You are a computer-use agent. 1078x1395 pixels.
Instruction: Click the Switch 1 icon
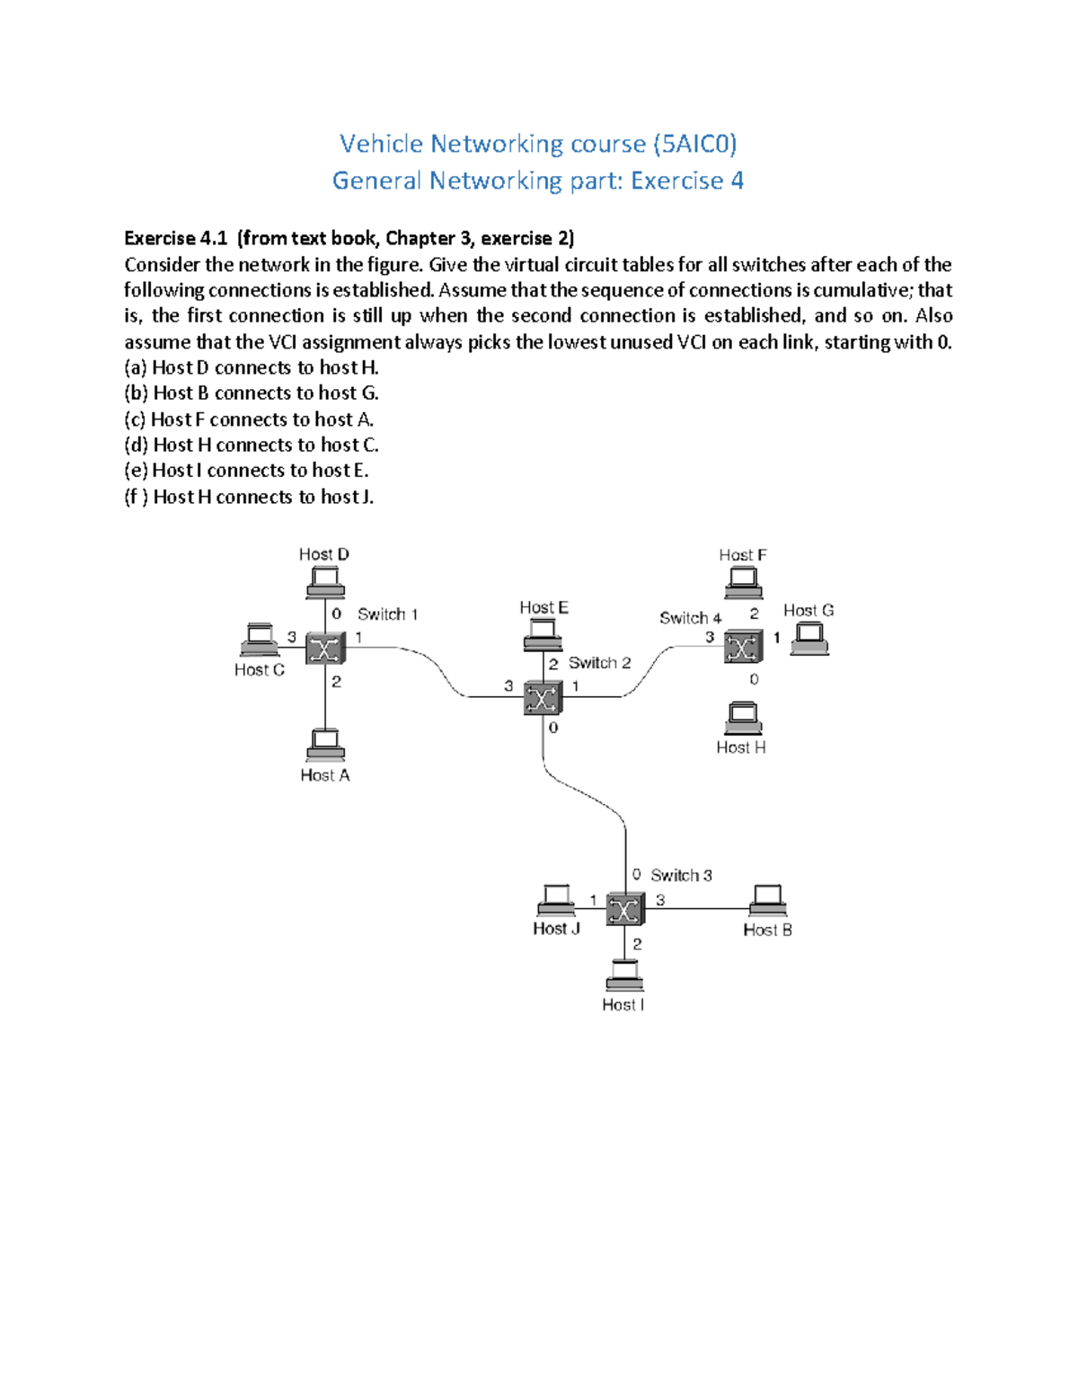click(324, 648)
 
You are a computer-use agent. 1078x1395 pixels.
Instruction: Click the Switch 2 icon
click(543, 697)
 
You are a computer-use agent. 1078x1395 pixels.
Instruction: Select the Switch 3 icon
click(624, 909)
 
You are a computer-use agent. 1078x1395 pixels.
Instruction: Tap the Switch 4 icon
click(743, 647)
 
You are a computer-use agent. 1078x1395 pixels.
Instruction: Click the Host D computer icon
click(325, 584)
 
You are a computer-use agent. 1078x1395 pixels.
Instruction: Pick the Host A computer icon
click(325, 746)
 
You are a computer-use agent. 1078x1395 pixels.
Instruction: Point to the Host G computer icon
click(809, 639)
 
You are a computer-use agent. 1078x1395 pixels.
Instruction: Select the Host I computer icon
click(623, 976)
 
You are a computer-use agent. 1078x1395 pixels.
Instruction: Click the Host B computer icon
click(767, 900)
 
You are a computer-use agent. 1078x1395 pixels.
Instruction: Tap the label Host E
click(543, 608)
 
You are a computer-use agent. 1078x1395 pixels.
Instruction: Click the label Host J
click(556, 929)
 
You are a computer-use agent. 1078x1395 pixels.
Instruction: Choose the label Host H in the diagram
click(741, 747)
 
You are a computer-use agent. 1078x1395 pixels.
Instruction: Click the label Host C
click(259, 670)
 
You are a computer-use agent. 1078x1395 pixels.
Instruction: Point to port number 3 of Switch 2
click(508, 686)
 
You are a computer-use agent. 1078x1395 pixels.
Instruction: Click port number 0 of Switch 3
click(636, 874)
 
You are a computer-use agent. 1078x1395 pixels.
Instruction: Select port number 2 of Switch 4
click(754, 614)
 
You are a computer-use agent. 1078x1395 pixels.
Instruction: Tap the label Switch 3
click(681, 875)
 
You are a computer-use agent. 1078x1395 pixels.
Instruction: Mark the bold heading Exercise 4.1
click(175, 238)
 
